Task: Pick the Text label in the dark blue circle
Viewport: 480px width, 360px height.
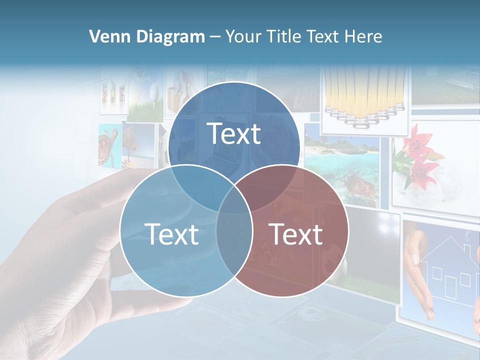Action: coord(234,133)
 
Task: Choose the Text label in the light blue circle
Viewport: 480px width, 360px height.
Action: coord(171,234)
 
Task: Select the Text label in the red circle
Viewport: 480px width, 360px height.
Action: coord(296,234)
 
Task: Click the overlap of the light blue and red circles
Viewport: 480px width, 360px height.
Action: coord(234,240)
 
